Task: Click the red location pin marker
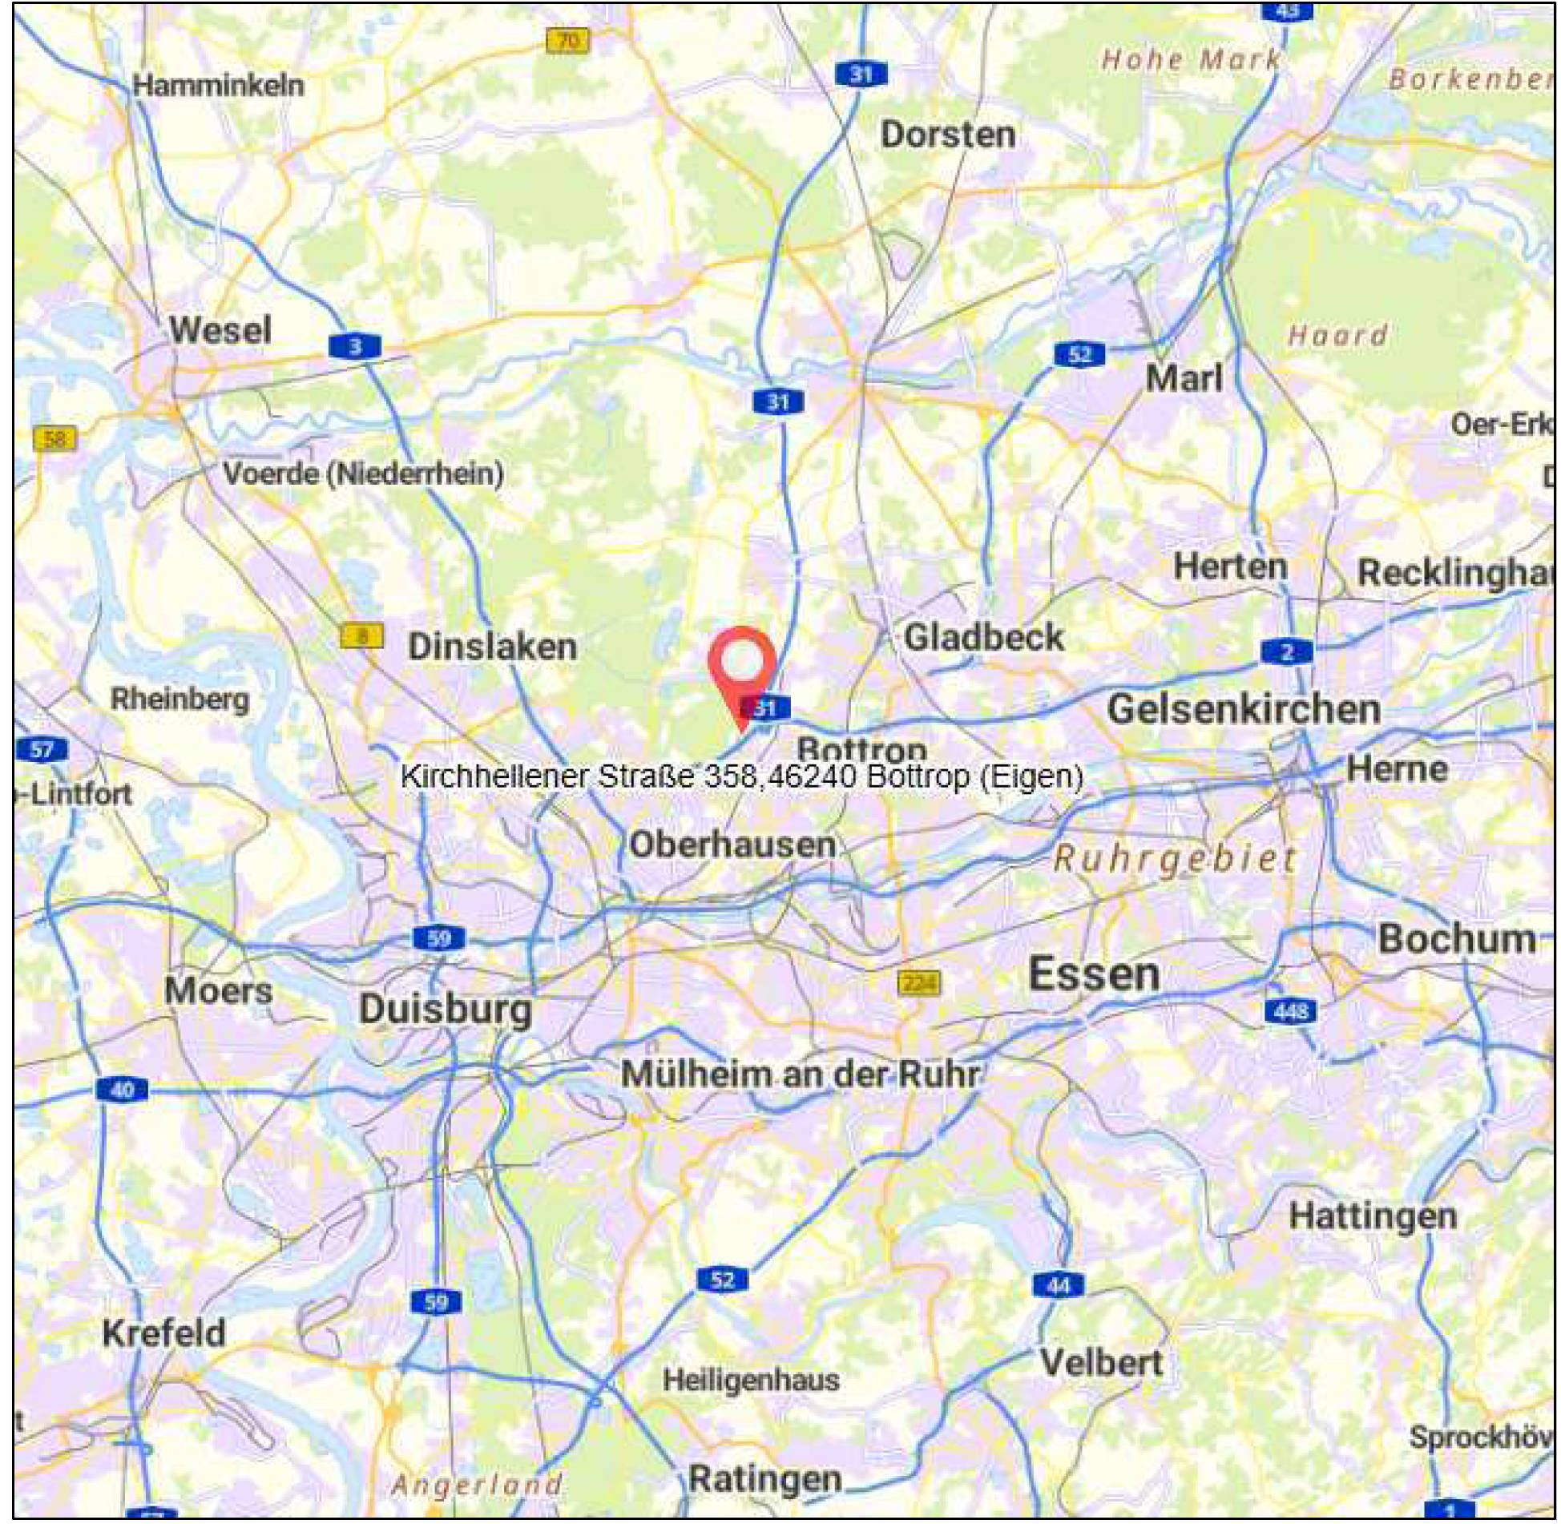(743, 664)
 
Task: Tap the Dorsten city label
(948, 135)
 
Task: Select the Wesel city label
(220, 330)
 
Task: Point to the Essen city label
(1094, 975)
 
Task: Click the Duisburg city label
(445, 1009)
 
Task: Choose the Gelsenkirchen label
(1244, 710)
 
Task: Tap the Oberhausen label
(732, 845)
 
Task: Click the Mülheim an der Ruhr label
(800, 1074)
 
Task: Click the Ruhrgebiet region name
(1175, 860)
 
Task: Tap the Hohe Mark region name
(1191, 59)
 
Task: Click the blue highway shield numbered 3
(355, 346)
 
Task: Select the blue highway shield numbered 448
(1290, 1011)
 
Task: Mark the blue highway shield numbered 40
(122, 1090)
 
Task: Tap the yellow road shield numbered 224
(918, 982)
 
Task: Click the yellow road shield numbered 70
(567, 40)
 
